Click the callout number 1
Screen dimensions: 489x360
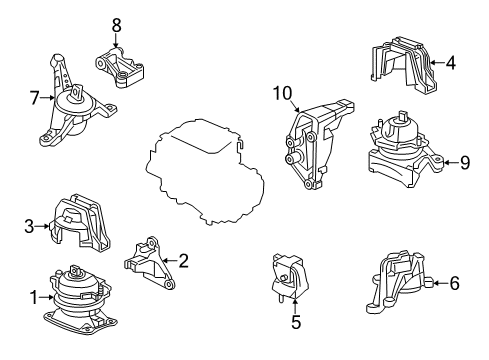coord(34,297)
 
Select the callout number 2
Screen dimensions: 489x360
coord(183,261)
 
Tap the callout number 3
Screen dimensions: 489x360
coord(29,226)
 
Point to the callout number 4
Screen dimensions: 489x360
coord(450,63)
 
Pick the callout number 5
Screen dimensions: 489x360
coord(296,322)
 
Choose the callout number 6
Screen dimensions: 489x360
coord(454,283)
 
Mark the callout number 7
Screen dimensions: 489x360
coord(35,98)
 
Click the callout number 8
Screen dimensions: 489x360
coord(116,25)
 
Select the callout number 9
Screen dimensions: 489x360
coord(465,163)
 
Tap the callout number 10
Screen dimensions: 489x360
coord(282,93)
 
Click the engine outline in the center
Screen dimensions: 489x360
coord(205,172)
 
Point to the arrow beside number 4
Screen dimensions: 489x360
coord(437,63)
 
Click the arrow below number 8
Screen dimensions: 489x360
coord(116,41)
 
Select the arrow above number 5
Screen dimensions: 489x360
coord(295,306)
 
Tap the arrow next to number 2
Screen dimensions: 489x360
coord(170,261)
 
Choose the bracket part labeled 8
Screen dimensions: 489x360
coord(120,68)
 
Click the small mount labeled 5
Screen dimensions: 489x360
coord(289,278)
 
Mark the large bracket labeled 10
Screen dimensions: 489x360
coord(317,145)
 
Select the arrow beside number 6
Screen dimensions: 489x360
coord(441,283)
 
